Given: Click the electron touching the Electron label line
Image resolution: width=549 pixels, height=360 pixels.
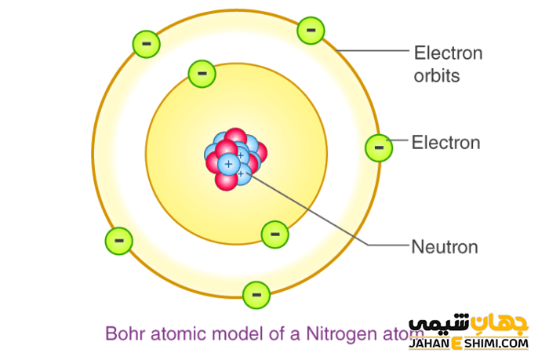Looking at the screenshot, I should (379, 147).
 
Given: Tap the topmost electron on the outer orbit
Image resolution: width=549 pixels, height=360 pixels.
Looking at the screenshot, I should (311, 30).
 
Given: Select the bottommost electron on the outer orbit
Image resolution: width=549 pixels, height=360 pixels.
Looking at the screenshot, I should (256, 295).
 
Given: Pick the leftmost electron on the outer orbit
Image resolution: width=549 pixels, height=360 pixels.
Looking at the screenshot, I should (119, 240).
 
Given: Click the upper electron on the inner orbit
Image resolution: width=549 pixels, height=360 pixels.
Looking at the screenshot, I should (202, 74).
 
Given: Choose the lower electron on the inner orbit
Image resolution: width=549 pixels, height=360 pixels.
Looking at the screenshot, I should (274, 233).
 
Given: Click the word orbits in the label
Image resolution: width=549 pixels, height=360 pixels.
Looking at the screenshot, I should (436, 76).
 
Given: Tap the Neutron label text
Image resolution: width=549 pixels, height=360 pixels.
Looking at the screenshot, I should (445, 246).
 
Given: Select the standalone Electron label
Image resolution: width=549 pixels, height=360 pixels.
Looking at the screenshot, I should (445, 143).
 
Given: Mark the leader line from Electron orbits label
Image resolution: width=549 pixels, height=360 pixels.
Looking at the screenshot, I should (373, 52).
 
